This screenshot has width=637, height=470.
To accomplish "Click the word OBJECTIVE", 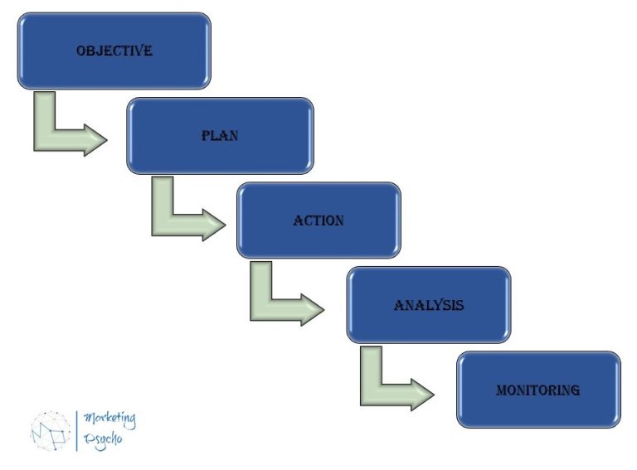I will click(114, 51).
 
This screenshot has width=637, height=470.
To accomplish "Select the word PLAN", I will click(220, 135).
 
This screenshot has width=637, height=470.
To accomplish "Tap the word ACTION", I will click(318, 220).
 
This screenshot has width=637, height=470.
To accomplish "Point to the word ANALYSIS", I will click(429, 305).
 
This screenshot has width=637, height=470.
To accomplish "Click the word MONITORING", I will click(537, 390).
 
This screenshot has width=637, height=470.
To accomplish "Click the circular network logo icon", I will click(51, 429).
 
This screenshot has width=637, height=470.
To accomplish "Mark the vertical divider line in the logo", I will click(77, 429).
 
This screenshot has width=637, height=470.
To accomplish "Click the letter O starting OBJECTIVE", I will click(81, 51).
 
